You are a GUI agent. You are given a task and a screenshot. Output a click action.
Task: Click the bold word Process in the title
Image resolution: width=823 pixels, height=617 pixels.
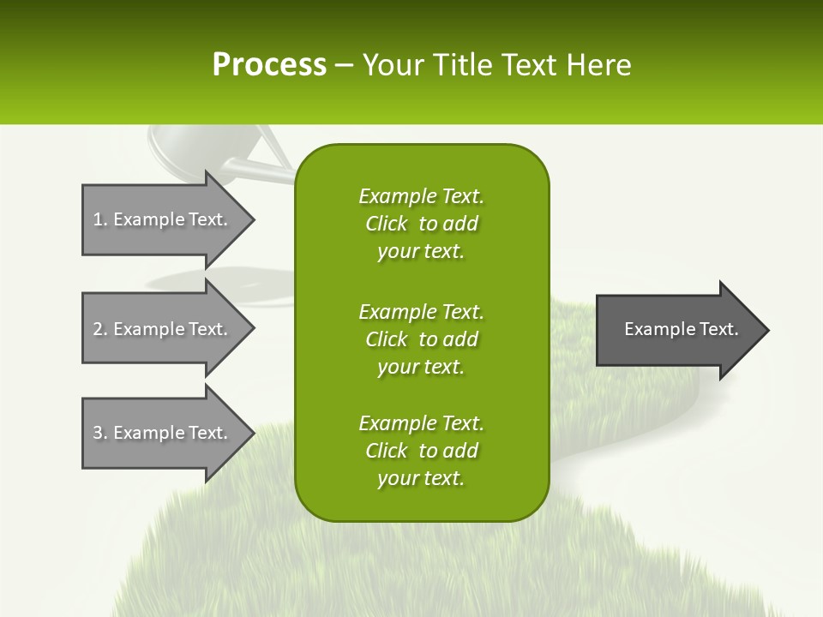pyautogui.click(x=269, y=65)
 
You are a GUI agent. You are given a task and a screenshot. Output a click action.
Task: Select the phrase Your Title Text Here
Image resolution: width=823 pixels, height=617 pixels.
pyautogui.click(x=496, y=65)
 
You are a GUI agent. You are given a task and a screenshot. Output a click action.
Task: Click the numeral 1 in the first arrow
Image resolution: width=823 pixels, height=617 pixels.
pyautogui.click(x=97, y=219)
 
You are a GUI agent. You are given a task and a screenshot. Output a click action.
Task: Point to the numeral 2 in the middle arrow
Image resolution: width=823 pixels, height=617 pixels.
pyautogui.click(x=98, y=329)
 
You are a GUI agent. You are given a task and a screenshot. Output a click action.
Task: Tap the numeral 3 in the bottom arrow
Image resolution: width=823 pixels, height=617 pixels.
pyautogui.click(x=98, y=433)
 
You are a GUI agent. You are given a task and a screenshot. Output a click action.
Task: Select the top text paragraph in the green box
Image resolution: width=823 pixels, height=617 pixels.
pyautogui.click(x=421, y=224)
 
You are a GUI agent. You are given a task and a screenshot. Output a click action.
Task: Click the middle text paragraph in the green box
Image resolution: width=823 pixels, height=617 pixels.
pyautogui.click(x=421, y=339)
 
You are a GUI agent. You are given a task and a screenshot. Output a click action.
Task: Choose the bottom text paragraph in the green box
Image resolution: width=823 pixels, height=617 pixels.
pyautogui.click(x=421, y=451)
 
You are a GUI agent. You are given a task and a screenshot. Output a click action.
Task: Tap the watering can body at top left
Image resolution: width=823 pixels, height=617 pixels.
pyautogui.click(x=197, y=150)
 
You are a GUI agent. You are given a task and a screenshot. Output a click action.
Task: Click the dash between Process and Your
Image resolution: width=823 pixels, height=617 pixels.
pyautogui.click(x=344, y=66)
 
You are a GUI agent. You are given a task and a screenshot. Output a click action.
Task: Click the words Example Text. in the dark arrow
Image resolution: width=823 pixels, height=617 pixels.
pyautogui.click(x=681, y=329)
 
